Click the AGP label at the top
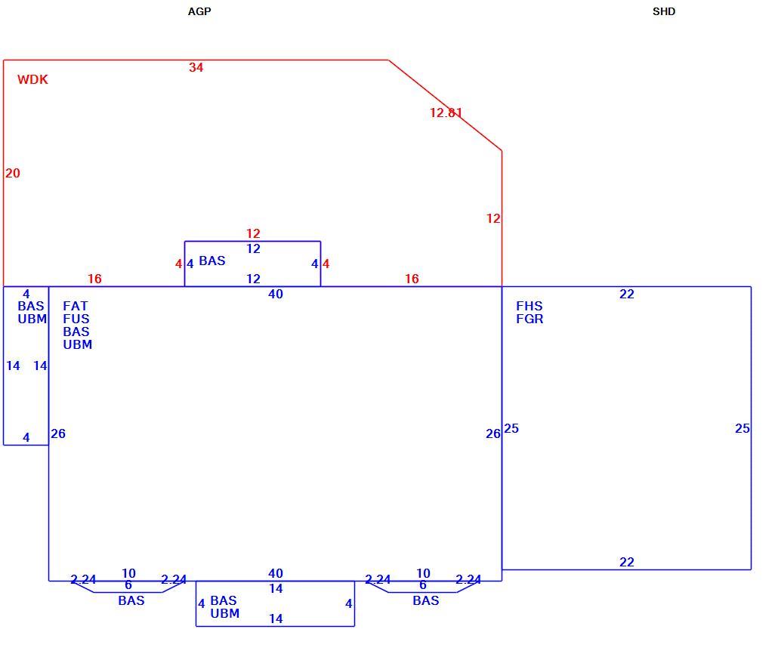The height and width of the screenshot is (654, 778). click(199, 11)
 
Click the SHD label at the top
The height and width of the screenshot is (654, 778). click(664, 11)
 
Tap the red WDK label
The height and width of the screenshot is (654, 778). click(32, 79)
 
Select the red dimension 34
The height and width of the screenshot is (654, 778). click(196, 67)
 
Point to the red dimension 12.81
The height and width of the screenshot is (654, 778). click(446, 113)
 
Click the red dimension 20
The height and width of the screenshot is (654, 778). click(13, 173)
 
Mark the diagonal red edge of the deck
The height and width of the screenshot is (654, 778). click(445, 105)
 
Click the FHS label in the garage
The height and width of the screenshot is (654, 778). click(529, 306)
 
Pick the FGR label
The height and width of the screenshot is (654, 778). click(530, 319)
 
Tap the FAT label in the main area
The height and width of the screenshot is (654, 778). click(76, 306)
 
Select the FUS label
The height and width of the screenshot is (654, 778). click(76, 319)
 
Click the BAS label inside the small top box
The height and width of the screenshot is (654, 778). click(212, 261)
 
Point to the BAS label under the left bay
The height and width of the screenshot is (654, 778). click(131, 600)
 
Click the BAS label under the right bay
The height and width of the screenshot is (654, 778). click(426, 600)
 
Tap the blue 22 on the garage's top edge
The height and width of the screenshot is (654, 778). click(627, 295)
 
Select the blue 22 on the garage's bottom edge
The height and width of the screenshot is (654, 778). click(627, 562)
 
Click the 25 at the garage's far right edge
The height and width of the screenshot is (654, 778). click(742, 428)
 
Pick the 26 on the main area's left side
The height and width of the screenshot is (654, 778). click(58, 433)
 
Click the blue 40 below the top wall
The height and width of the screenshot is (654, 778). click(276, 295)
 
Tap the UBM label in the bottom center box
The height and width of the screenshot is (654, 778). click(225, 613)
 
